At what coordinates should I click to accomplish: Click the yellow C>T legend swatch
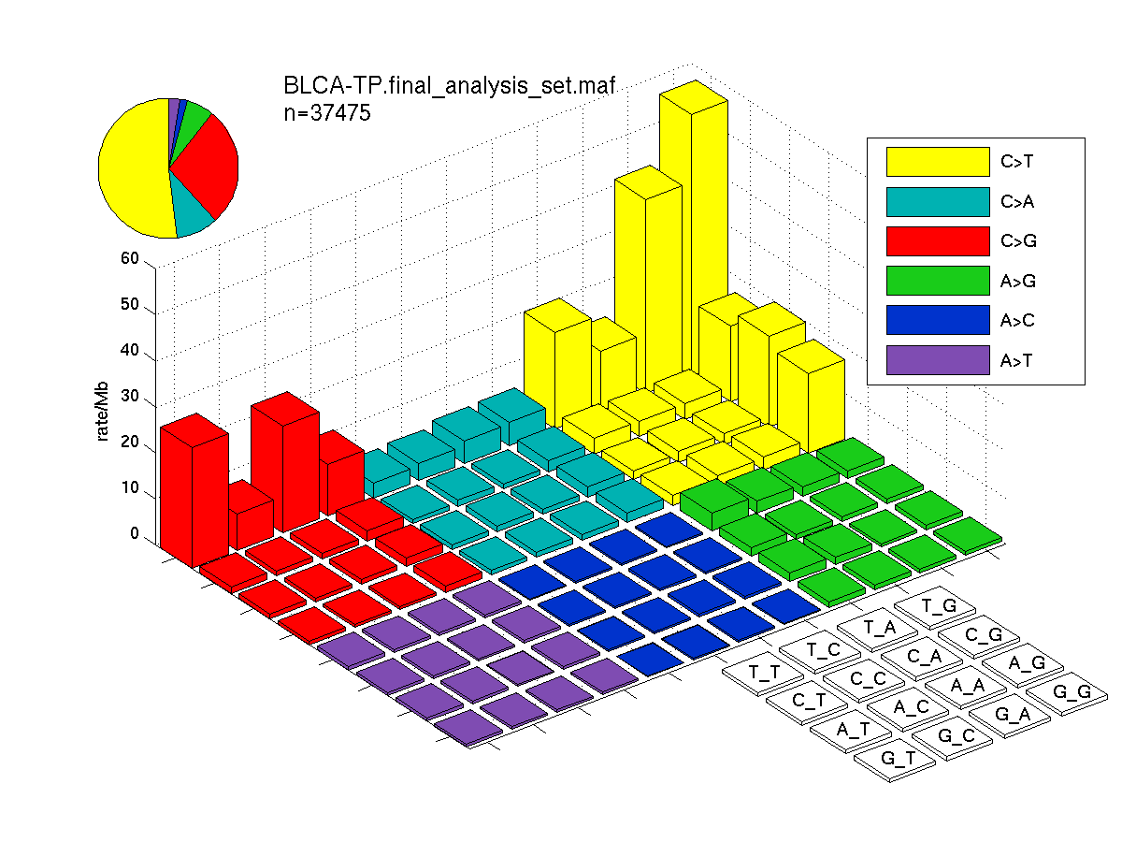[x=938, y=162]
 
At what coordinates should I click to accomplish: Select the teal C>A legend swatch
[x=938, y=202]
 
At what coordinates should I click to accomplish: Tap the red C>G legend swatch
[x=938, y=241]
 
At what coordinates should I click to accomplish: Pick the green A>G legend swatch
[x=938, y=281]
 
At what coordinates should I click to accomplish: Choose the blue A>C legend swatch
[x=938, y=320]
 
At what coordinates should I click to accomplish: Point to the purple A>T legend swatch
[x=938, y=360]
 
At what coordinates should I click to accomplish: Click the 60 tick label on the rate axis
[x=130, y=258]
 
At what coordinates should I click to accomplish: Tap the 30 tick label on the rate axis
[x=130, y=396]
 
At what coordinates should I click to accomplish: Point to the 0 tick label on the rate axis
[x=135, y=533]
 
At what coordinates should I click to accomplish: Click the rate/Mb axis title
[x=102, y=411]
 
